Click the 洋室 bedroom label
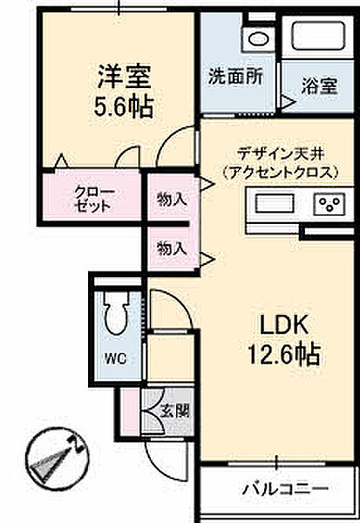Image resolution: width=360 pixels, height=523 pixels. click(x=124, y=77)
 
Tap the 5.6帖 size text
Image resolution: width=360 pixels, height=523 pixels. click(x=124, y=106)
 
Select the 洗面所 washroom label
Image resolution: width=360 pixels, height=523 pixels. click(x=236, y=77)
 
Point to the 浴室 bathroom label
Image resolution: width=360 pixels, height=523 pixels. click(x=320, y=85)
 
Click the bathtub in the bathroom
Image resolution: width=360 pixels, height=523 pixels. click(x=317, y=36)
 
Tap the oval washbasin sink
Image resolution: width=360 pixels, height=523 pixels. click(x=259, y=40)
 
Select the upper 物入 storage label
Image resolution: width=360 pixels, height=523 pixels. click(x=172, y=200)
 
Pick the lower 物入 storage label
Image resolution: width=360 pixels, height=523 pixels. click(x=172, y=248)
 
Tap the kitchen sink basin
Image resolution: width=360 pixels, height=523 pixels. click(x=275, y=203)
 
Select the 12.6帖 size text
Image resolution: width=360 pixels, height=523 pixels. click(x=283, y=354)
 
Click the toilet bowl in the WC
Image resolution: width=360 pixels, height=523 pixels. click(x=116, y=314)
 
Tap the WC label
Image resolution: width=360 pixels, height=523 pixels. click(x=115, y=359)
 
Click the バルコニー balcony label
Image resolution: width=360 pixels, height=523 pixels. click(x=285, y=489)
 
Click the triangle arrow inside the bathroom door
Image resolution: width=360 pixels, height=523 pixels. click(x=288, y=102)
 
